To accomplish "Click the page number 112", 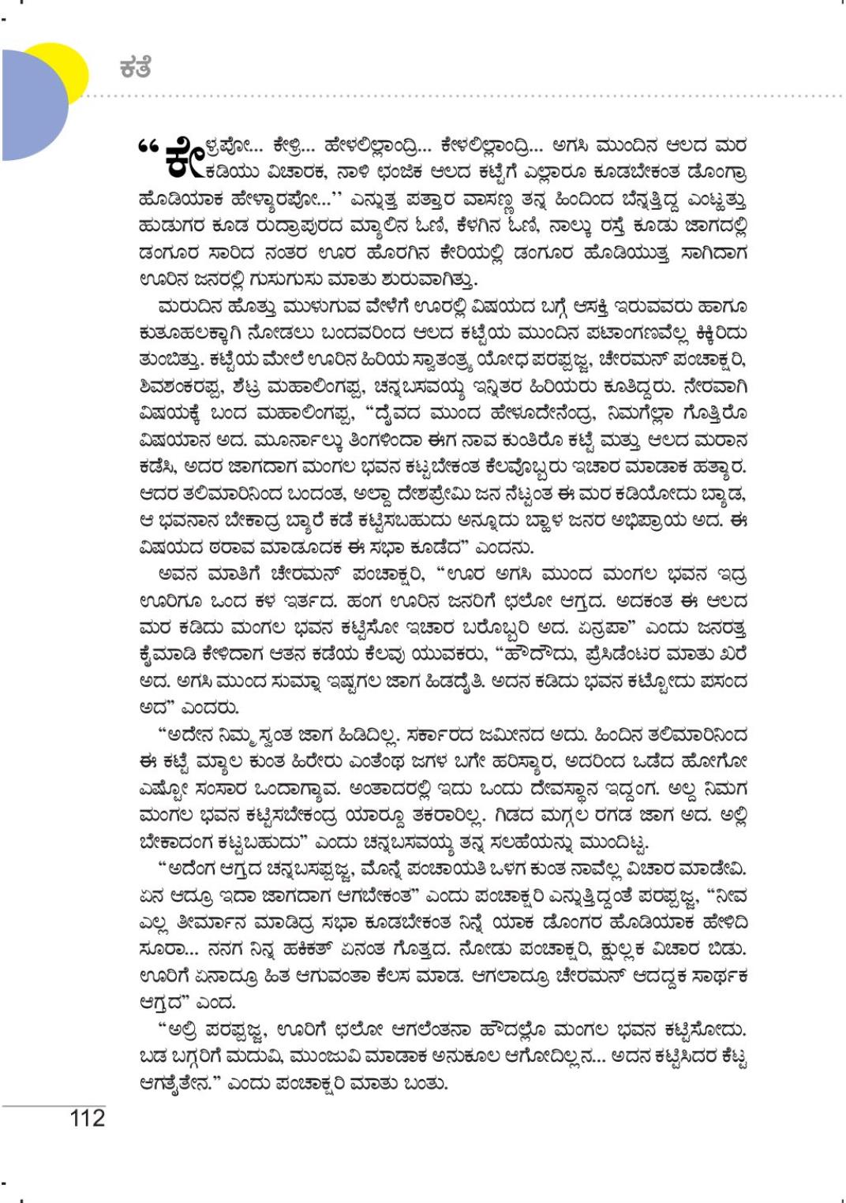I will click(87, 1118).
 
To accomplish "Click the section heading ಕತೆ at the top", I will click(135, 68).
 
